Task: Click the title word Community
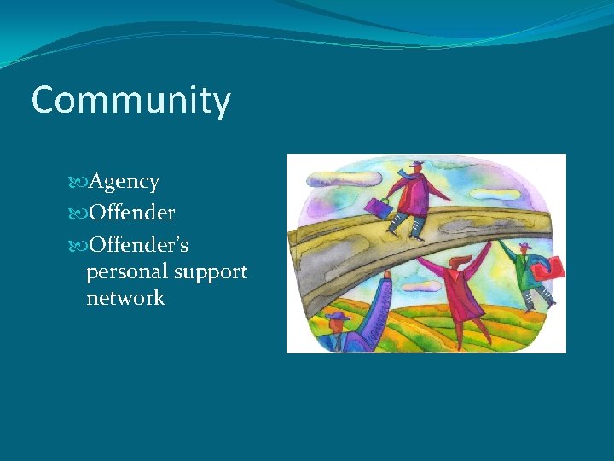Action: pyautogui.click(x=130, y=101)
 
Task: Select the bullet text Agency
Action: pyautogui.click(x=125, y=182)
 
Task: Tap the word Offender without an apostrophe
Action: pyautogui.click(x=132, y=213)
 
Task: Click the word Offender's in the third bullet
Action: pyautogui.click(x=139, y=245)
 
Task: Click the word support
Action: pyautogui.click(x=211, y=272)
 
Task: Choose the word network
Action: pyautogui.click(x=125, y=298)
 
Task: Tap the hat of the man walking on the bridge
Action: pyautogui.click(x=417, y=164)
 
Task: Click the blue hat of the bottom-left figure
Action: pyautogui.click(x=339, y=316)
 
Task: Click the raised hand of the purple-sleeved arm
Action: pyautogui.click(x=387, y=275)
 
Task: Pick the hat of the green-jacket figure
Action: pyautogui.click(x=524, y=245)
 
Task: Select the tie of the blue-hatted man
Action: pyautogui.click(x=338, y=342)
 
